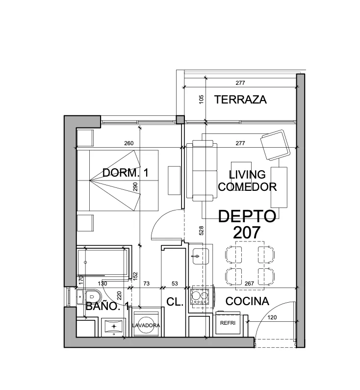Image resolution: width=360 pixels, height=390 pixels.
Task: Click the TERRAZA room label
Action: pos(240,100)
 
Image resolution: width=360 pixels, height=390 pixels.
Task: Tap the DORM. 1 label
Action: pos(126,173)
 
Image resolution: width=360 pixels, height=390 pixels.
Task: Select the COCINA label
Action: pos(247,301)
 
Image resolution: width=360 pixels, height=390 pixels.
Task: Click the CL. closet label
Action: pos(175,302)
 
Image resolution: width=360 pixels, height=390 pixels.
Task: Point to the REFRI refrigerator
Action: pos(228,323)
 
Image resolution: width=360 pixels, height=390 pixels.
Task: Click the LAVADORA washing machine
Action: pos(146,324)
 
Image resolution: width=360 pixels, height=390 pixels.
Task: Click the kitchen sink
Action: pos(200,256)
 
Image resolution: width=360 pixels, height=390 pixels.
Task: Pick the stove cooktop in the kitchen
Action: pos(201,296)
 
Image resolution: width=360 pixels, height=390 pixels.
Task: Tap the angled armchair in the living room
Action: pos(275,145)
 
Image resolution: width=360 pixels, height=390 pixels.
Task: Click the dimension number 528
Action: pos(202,231)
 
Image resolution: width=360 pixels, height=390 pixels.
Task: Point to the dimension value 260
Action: pos(129,143)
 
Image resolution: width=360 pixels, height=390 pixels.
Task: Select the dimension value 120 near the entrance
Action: pos(272,317)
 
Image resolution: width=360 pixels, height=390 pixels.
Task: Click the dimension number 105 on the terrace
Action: pos(202,99)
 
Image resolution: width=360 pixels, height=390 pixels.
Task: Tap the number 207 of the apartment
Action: pos(247,233)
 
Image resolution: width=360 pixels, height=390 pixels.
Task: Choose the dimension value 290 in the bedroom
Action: pos(135,187)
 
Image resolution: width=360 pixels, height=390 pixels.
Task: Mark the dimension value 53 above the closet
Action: pos(175,284)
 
